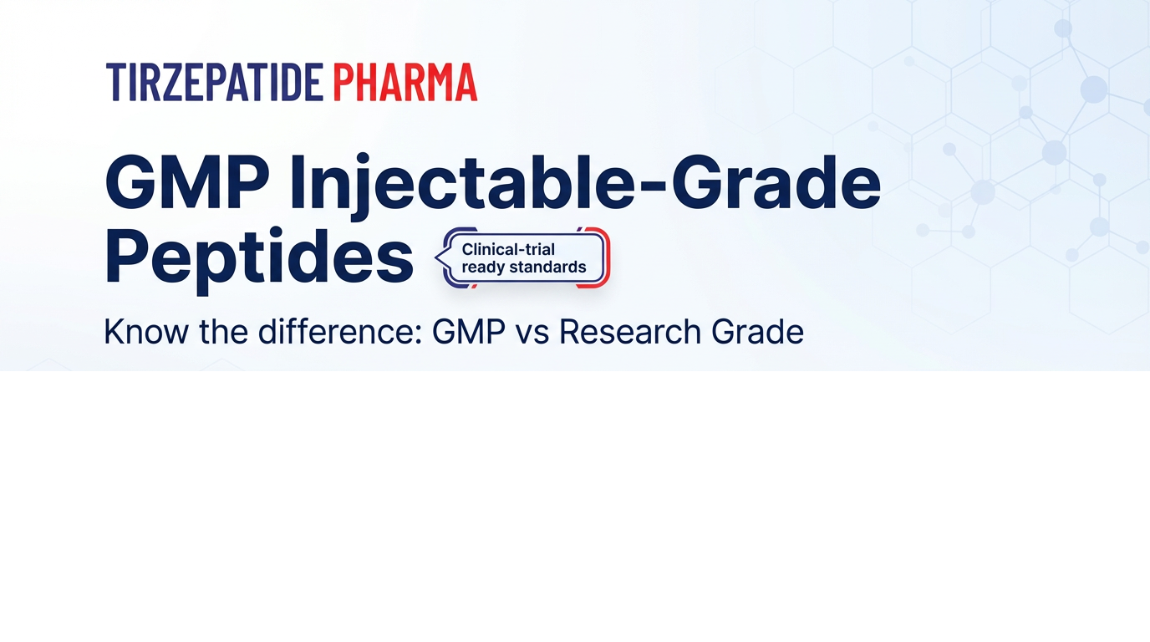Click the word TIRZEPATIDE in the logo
pos(215,82)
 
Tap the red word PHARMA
pos(405,82)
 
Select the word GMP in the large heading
pos(187,183)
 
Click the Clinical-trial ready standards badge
pos(523,257)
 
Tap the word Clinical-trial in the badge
pos(508,250)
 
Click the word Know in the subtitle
pos(146,331)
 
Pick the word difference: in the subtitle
pos(340,331)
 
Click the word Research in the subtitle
pos(630,331)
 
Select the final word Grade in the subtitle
pos(757,331)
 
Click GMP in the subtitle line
pos(469,331)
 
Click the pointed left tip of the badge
pos(435,257)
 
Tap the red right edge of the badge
pos(608,257)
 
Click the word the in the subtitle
pos(223,331)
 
